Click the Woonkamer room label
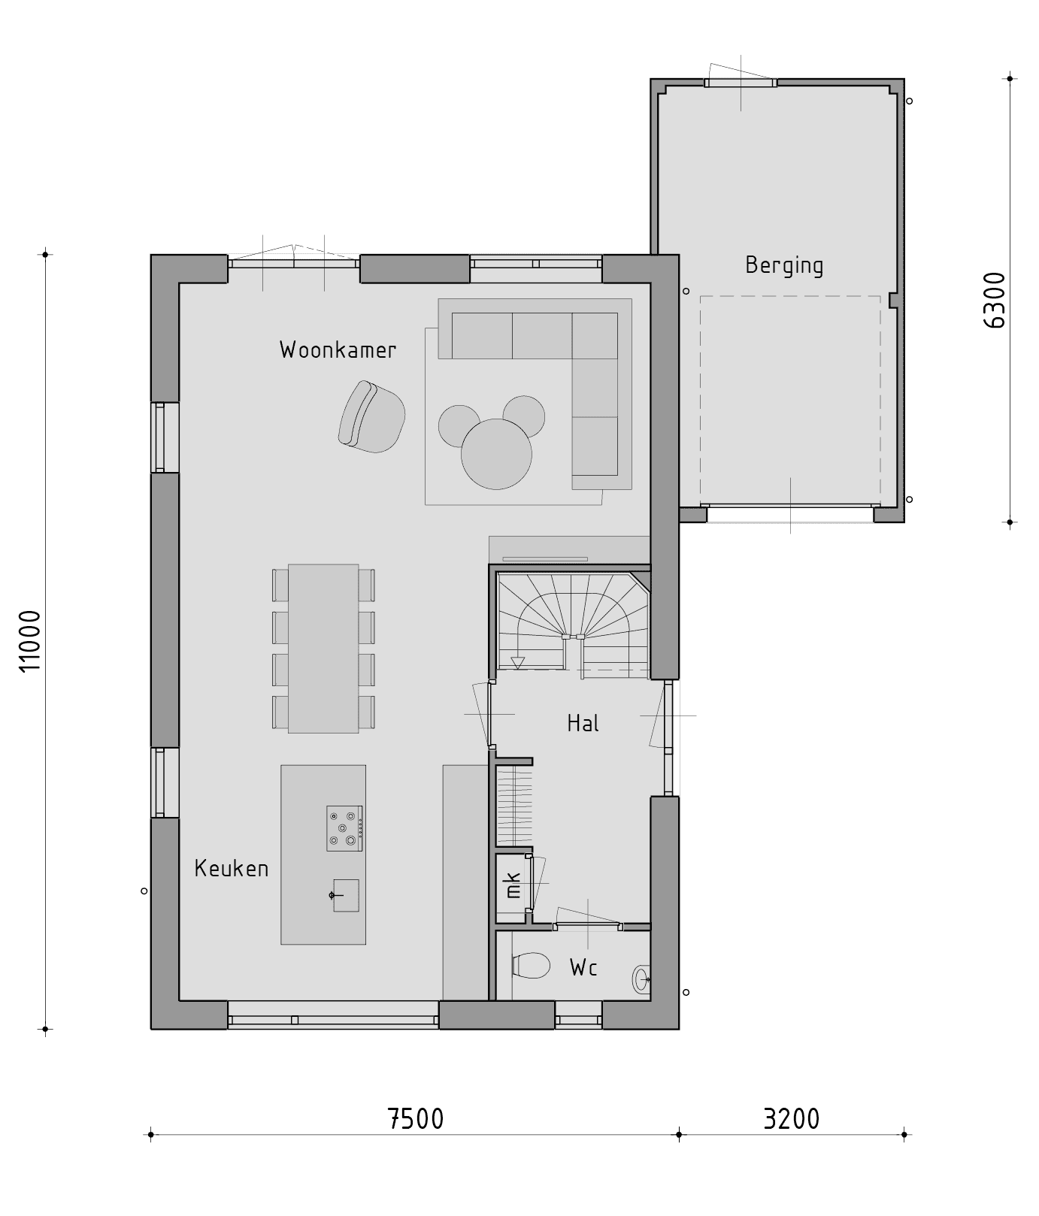coord(338,350)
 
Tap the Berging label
coord(784,265)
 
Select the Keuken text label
coord(232,869)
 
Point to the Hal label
coord(583,724)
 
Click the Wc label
coord(583,968)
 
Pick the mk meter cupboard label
coord(513,885)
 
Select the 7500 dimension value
coord(416,1119)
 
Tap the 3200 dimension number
coord(791,1119)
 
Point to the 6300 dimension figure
coord(994,301)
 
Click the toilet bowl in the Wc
coord(531,966)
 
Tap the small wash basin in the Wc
coord(641,979)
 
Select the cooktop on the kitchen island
coord(344,828)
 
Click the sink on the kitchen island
coord(345,895)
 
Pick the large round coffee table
coord(496,455)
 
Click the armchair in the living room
coord(371,417)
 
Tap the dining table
coord(323,649)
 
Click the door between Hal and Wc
coord(588,925)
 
